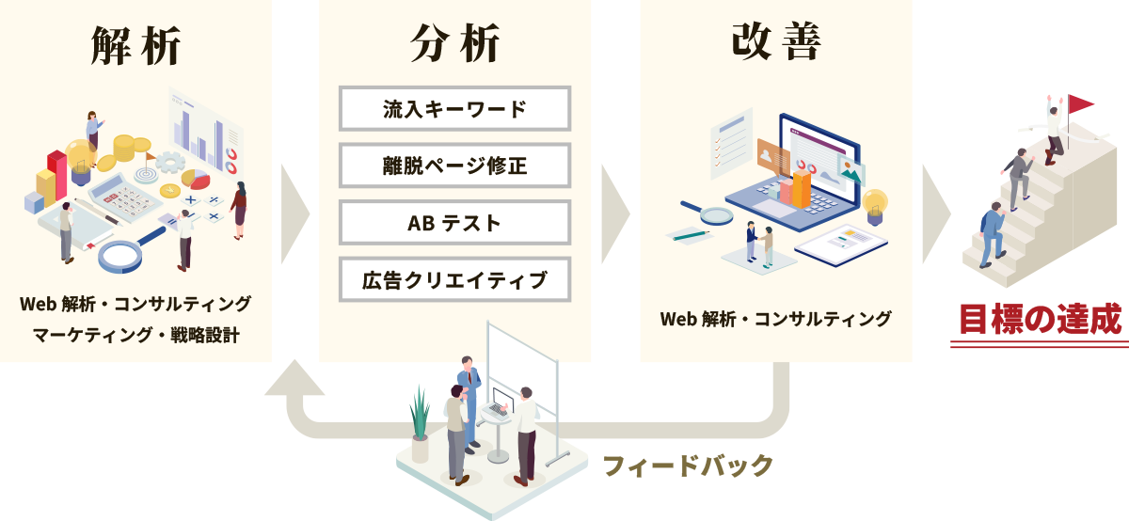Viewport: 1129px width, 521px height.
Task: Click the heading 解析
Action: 135,44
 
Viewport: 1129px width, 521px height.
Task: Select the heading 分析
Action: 454,44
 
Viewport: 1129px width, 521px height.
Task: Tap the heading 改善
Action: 775,42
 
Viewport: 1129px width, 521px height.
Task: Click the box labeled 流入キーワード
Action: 454,108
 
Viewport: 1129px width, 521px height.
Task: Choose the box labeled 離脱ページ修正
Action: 454,166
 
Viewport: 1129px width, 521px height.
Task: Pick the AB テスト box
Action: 454,222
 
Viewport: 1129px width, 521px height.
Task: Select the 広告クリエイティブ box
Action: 454,279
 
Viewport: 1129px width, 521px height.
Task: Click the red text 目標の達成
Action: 1039,319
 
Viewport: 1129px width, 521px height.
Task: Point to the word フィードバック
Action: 687,465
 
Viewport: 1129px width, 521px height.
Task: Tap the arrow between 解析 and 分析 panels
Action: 294,213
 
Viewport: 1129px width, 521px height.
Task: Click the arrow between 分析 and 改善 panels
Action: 615,213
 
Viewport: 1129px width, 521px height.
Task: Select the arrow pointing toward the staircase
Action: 935,213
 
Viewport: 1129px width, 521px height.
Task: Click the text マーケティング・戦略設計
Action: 135,335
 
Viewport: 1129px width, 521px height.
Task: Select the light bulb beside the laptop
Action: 875,204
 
